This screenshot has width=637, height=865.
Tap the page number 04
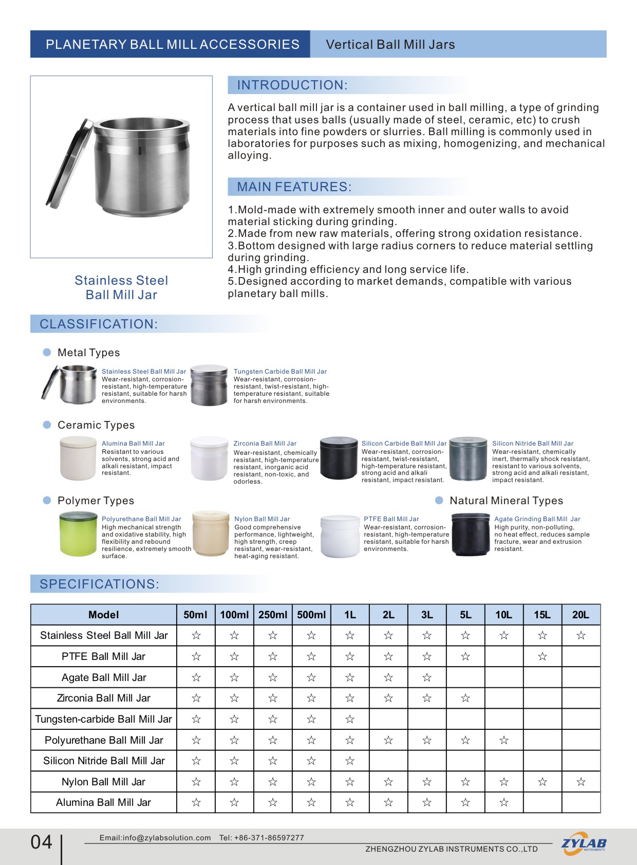coord(41,842)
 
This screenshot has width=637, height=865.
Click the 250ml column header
coord(273,615)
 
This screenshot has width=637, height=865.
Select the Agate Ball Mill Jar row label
coord(104,677)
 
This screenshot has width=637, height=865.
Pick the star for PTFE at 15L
coord(542,656)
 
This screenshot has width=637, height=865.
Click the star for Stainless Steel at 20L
coord(581,635)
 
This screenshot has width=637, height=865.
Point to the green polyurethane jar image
coord(78,535)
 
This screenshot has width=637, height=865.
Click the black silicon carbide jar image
coord(339,458)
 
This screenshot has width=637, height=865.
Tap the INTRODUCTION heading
coord(292,85)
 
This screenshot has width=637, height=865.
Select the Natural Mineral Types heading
coord(506,501)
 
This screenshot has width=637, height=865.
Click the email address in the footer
coord(155,838)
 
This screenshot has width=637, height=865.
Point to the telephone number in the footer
coord(261,838)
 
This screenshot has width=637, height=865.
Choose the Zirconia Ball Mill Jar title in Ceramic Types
coord(265,443)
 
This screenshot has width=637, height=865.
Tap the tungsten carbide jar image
coord(209,385)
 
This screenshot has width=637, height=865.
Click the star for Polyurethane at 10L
coord(504,740)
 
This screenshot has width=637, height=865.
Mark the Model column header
coord(104,615)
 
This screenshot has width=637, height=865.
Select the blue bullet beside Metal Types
coord(47,353)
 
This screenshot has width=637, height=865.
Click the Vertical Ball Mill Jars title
coord(390,45)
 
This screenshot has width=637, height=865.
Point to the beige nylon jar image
coord(211,535)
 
